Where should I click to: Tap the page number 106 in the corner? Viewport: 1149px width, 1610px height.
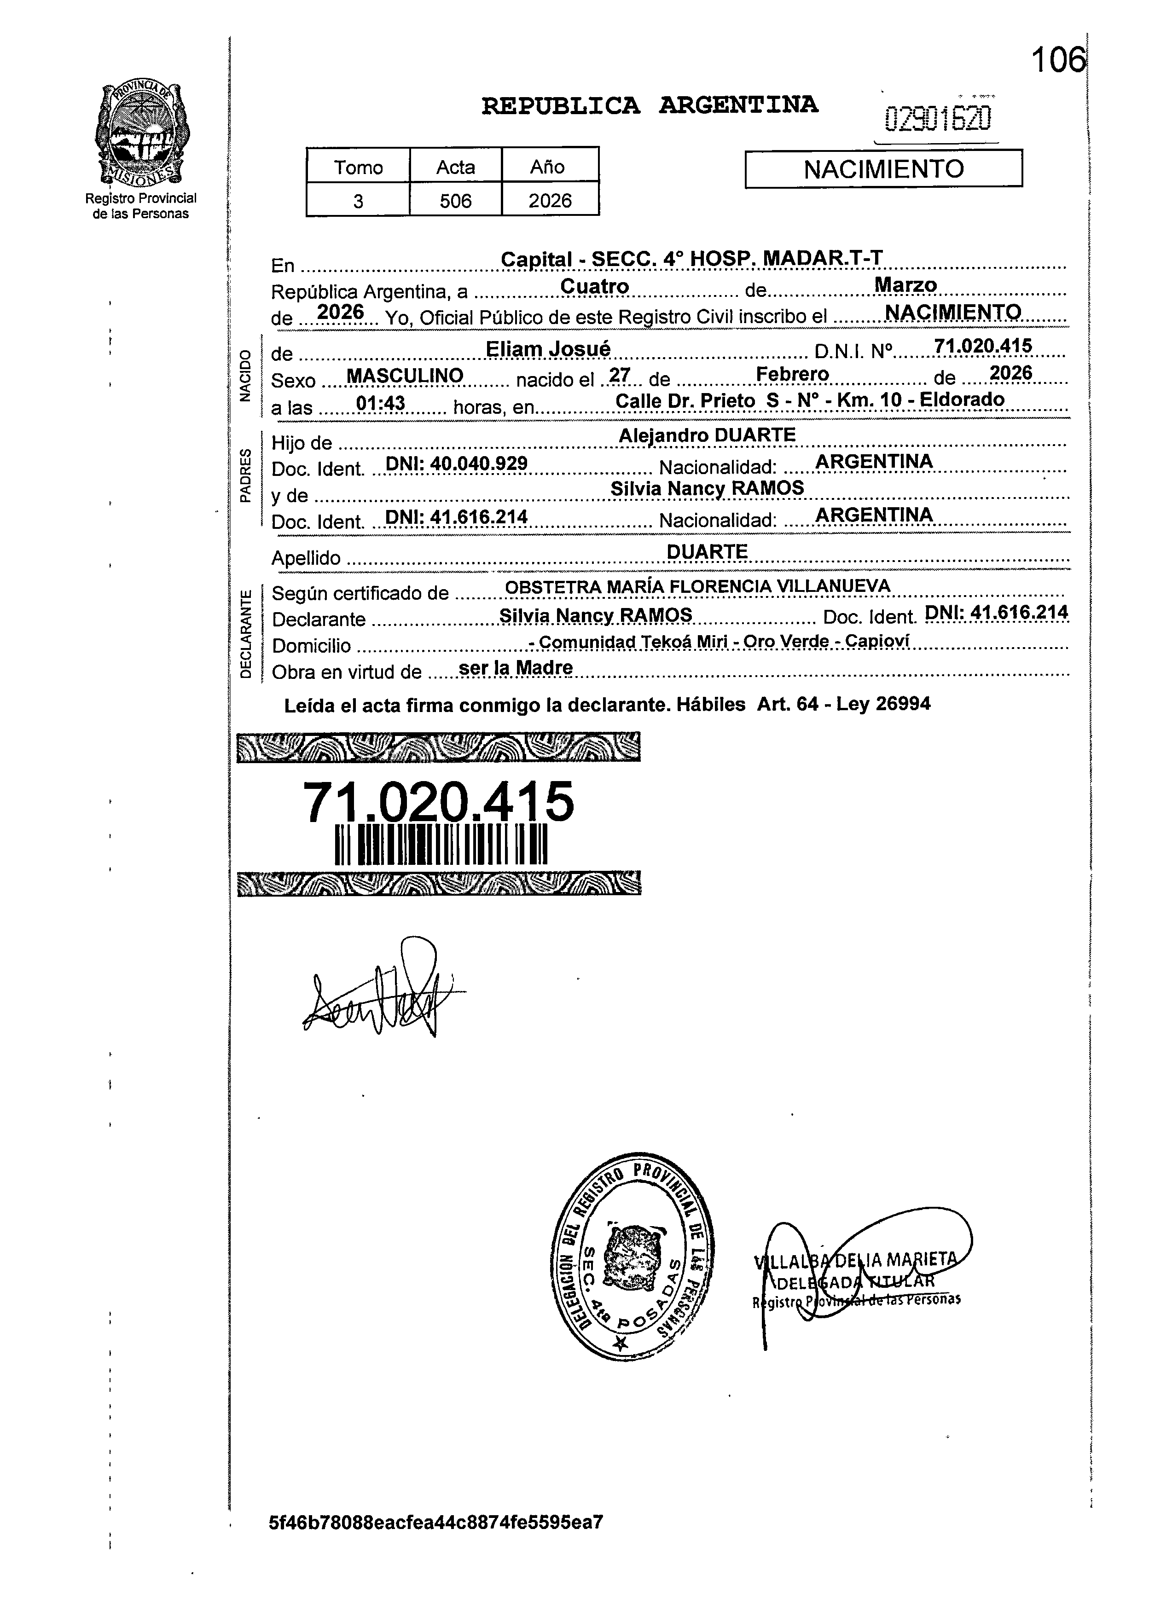1057,60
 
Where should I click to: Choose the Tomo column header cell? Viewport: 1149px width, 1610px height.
358,167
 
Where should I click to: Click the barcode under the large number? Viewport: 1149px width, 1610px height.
441,846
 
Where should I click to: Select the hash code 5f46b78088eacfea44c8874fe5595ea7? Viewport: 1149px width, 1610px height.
436,1522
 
